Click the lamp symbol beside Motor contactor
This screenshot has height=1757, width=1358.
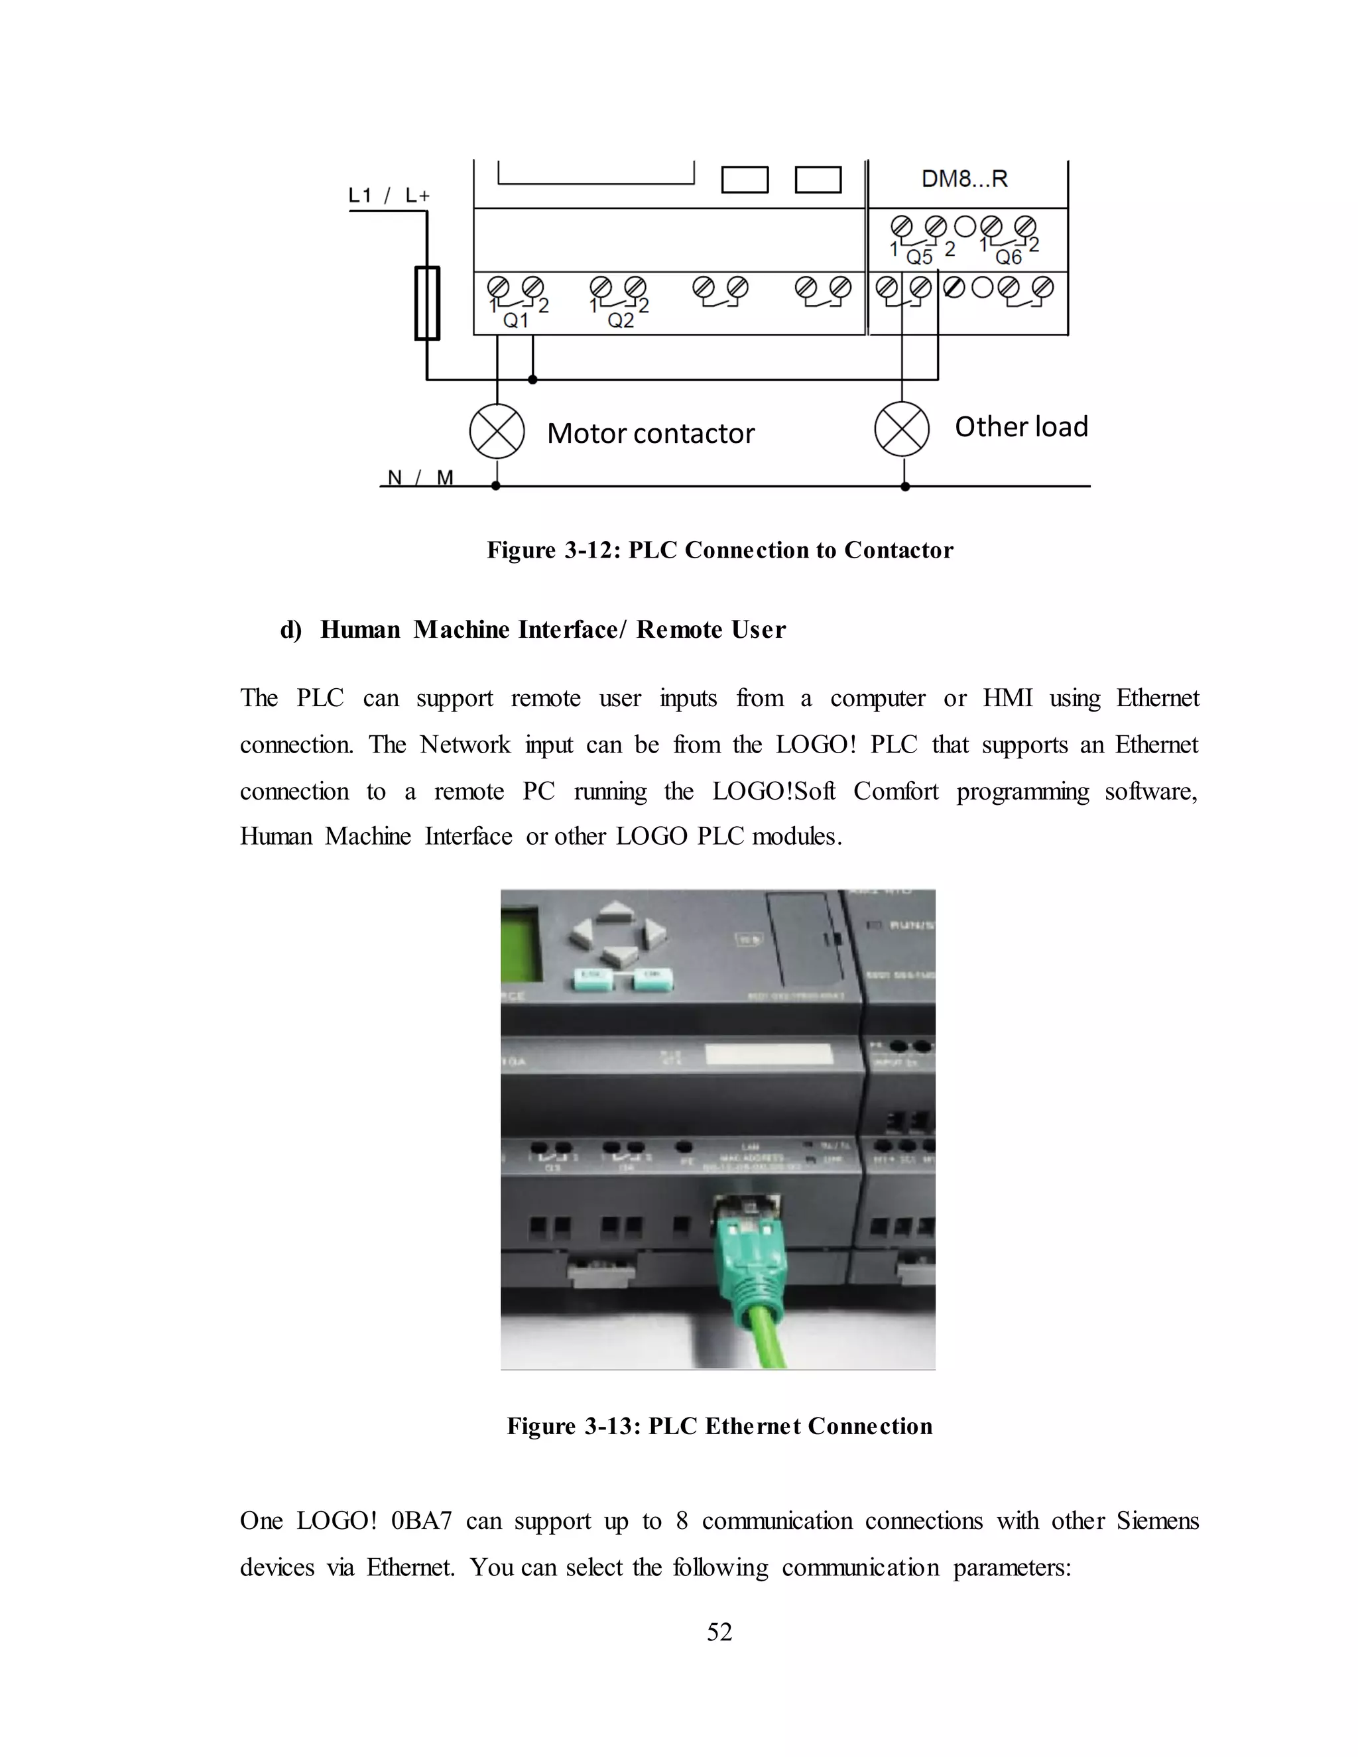(497, 431)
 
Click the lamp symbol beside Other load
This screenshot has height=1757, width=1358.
(902, 429)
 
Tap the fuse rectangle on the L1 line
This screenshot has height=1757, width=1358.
(427, 303)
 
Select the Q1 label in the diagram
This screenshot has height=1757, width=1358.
(516, 321)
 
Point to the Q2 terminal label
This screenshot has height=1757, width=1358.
(620, 321)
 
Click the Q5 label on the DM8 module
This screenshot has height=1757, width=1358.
(920, 257)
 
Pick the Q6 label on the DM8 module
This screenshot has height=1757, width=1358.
(1008, 257)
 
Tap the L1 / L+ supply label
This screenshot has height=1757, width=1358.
(389, 196)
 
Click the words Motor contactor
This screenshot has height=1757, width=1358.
(651, 434)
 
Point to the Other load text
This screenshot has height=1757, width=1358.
(1021, 426)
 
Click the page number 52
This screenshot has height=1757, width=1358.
(719, 1632)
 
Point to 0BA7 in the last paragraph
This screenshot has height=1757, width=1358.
(421, 1520)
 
